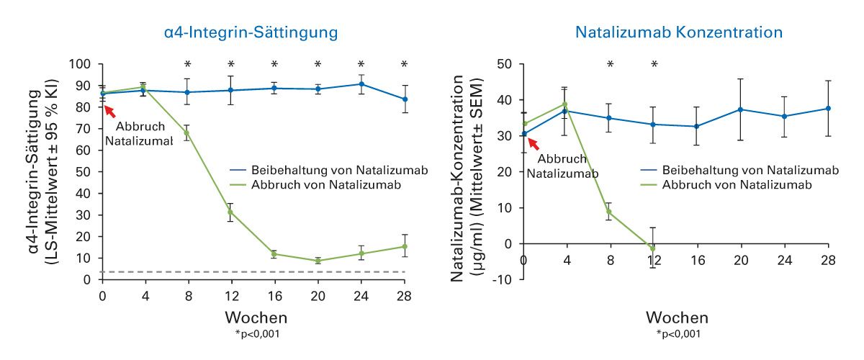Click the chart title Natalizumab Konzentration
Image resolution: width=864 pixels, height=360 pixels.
(x=679, y=32)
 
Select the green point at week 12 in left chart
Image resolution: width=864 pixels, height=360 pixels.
(x=231, y=212)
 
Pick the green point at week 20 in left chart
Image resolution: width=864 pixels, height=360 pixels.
(x=318, y=261)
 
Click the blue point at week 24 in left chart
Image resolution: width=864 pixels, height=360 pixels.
(x=361, y=84)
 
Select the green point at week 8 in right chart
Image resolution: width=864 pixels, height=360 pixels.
(x=610, y=212)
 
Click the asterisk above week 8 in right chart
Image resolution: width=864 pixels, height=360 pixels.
(x=610, y=65)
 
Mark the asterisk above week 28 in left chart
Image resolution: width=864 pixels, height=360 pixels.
(x=404, y=64)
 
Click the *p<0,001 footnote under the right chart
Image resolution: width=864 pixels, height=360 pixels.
(x=679, y=333)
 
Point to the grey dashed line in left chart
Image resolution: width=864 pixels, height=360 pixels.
(x=252, y=271)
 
